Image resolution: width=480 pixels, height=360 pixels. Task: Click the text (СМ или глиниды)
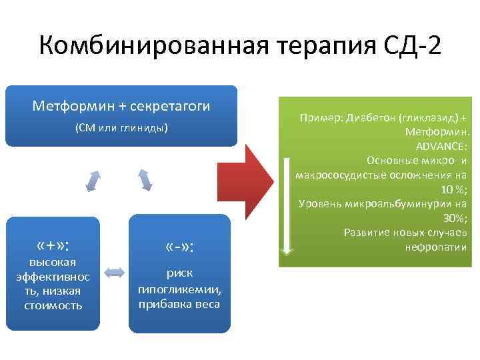[x=121, y=128]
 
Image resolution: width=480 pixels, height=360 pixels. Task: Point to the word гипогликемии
[x=179, y=291]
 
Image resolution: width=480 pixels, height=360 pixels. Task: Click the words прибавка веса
[x=179, y=305]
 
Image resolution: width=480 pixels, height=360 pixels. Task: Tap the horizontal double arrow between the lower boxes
[x=115, y=272]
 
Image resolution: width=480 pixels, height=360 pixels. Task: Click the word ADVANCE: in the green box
[x=441, y=146]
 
